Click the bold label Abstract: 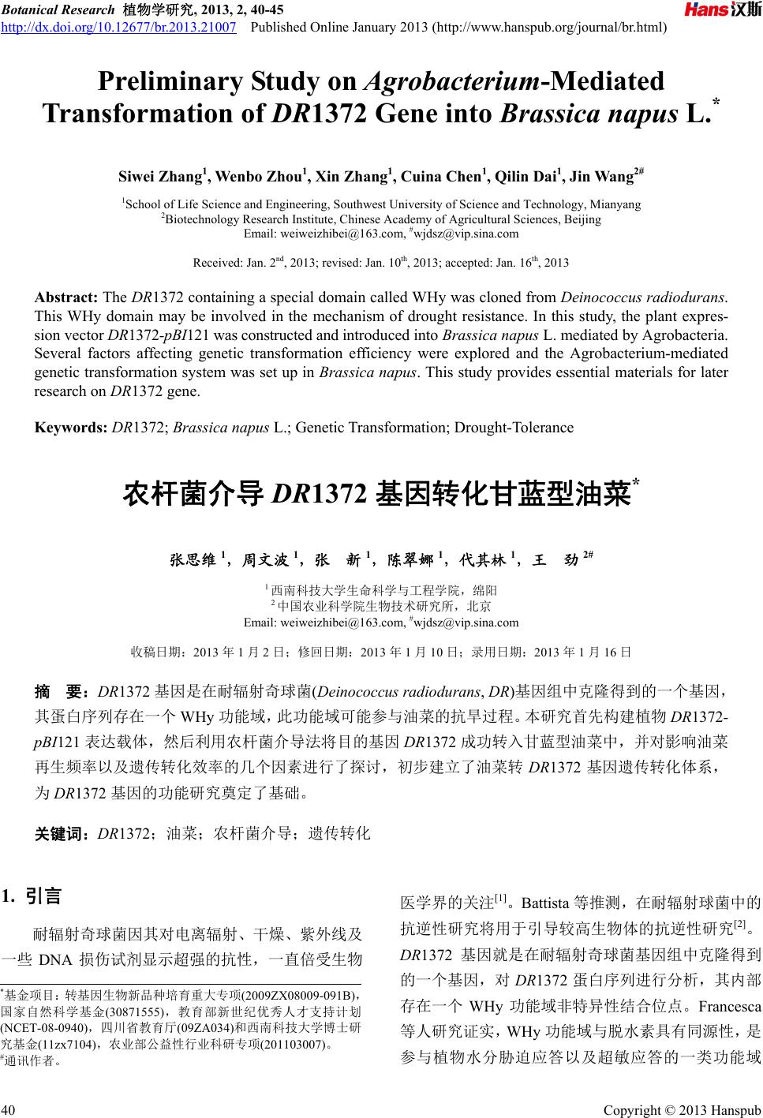pos(66,297)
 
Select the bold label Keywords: pos(71,428)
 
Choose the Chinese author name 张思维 pos(193,560)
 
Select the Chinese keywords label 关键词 pos(63,832)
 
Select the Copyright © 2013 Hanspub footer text pos(682,1110)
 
